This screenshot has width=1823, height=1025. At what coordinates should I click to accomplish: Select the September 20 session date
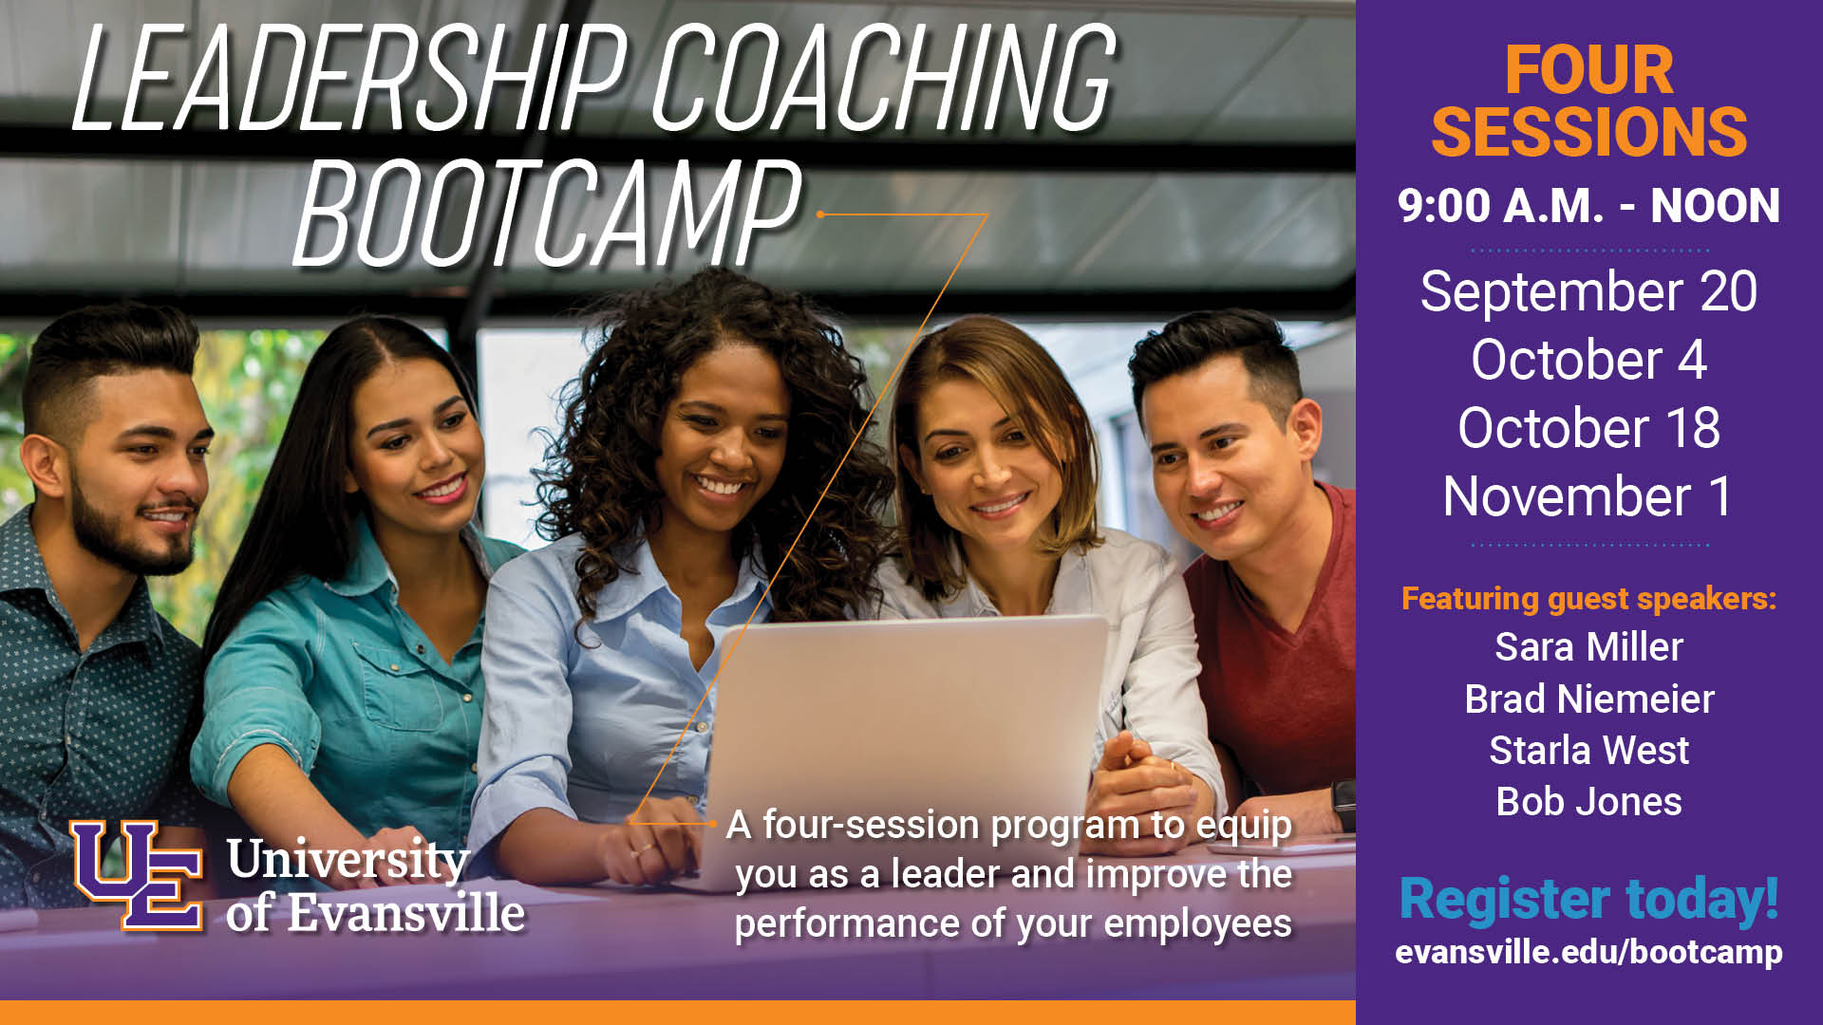[1588, 291]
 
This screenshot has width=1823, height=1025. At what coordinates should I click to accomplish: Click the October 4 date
[1588, 360]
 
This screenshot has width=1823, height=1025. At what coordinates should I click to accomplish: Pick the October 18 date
[1588, 428]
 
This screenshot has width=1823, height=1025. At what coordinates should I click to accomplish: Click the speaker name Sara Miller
[1588, 647]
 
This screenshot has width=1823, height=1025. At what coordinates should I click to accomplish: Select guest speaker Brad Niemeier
[1588, 699]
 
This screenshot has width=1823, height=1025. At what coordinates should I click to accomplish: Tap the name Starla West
[1588, 751]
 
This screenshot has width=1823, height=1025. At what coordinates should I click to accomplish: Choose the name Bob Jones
[1588, 802]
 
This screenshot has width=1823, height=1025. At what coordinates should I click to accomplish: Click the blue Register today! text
[1588, 900]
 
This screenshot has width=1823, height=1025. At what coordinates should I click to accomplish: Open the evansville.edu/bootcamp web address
[1588, 952]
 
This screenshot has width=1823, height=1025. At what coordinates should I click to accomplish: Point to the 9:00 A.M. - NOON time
[1588, 206]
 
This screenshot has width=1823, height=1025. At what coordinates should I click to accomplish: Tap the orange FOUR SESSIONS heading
[1588, 101]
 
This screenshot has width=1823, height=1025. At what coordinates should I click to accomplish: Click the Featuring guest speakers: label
[1588, 599]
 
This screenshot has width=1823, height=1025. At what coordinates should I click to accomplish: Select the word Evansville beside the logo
[405, 913]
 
